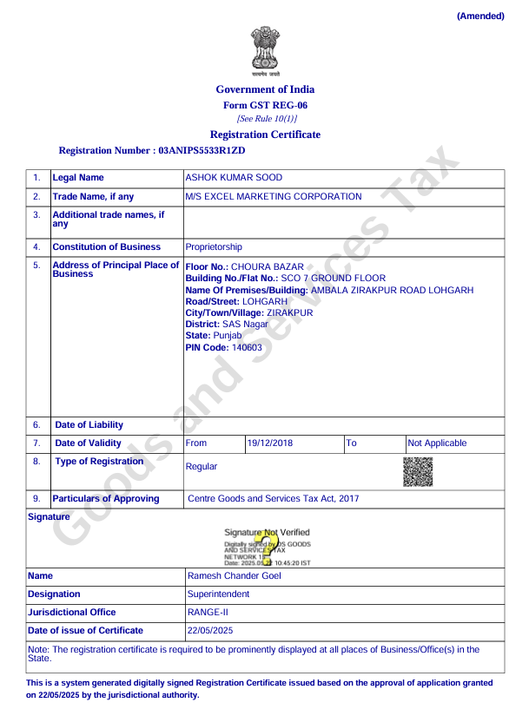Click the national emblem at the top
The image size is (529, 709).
point(265,49)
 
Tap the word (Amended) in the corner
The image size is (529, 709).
point(480,16)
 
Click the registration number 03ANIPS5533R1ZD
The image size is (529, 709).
point(195,150)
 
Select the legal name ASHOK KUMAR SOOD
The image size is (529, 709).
point(234,178)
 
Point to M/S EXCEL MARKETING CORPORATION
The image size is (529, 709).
point(274,196)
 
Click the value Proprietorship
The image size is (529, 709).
point(214,247)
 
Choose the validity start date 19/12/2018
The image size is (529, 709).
point(270,443)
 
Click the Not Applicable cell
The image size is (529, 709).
point(437,443)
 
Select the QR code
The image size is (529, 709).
point(418,470)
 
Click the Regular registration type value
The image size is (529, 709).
point(202,467)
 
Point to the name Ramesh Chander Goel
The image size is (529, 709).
point(235,575)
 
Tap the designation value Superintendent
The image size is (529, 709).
point(218,594)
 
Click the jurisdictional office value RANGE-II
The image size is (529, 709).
point(207,612)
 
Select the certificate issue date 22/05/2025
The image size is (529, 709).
point(210,631)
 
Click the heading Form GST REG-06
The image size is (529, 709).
point(265,105)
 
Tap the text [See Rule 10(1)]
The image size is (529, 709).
point(267,118)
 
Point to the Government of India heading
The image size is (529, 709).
point(265,89)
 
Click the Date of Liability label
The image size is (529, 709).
point(89,425)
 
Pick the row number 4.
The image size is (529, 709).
point(36,247)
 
